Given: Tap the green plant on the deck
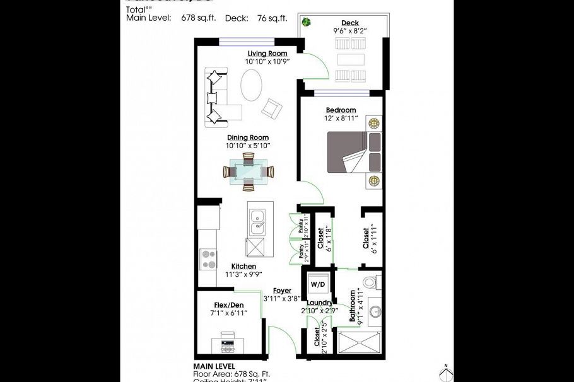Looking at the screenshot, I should point(306,23).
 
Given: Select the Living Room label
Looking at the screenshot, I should point(267,54).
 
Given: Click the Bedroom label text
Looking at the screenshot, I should point(341,110).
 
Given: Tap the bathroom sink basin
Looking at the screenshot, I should point(373,311).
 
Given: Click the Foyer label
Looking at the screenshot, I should point(281,291).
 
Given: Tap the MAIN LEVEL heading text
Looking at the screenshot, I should point(214,366).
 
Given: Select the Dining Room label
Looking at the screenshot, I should point(248,137).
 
